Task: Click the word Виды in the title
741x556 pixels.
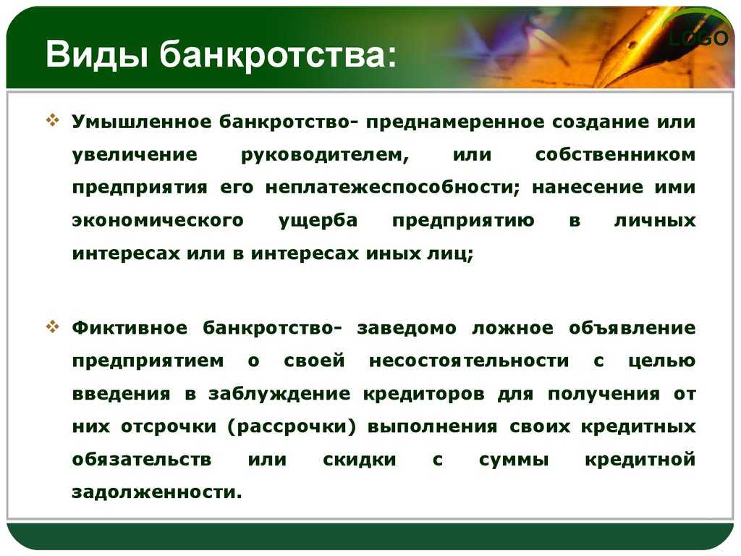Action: [x=96, y=54]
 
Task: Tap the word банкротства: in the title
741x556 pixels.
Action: [x=277, y=54]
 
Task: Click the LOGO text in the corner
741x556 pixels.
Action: [x=698, y=38]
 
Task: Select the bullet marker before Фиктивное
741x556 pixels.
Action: [x=52, y=326]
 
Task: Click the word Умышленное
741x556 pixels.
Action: [x=142, y=122]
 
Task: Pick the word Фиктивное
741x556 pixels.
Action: [x=130, y=328]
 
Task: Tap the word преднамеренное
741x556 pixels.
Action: [x=455, y=122]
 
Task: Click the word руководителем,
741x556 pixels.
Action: [x=325, y=155]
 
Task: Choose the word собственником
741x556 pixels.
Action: [x=615, y=155]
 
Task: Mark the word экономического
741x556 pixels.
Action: [x=158, y=220]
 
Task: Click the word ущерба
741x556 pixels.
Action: [x=318, y=221]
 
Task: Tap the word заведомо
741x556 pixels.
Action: [x=407, y=328]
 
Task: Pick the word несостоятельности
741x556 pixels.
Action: [x=469, y=361]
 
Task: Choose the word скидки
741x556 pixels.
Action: [x=360, y=460]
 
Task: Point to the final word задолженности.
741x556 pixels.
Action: [x=157, y=492]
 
